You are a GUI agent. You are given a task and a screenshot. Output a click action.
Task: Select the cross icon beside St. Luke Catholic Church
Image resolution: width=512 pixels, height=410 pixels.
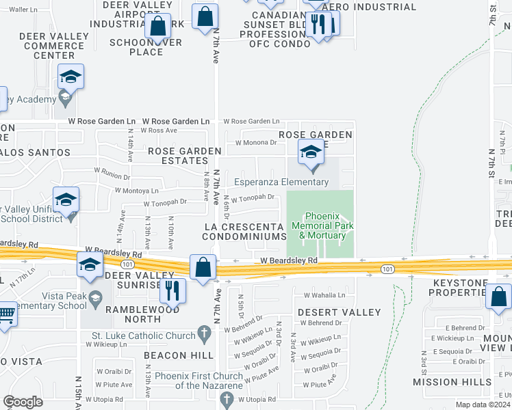(203, 334)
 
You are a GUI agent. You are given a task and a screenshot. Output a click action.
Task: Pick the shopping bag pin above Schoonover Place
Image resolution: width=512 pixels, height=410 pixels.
(158, 26)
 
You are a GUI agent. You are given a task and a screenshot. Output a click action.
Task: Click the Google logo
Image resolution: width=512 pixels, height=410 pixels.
(23, 402)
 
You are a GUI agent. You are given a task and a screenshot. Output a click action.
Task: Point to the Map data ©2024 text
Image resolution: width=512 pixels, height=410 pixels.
(482, 405)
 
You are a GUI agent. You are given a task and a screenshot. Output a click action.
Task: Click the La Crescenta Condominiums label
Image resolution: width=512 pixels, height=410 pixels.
(244, 231)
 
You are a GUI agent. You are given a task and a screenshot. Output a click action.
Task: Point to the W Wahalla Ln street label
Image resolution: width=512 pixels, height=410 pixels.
(325, 295)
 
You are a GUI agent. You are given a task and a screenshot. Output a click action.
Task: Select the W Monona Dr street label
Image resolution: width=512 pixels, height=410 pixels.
(255, 143)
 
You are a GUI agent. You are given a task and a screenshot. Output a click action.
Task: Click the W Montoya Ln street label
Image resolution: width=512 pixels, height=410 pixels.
(137, 191)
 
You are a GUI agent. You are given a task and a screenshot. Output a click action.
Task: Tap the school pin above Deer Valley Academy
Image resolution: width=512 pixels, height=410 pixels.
(70, 78)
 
